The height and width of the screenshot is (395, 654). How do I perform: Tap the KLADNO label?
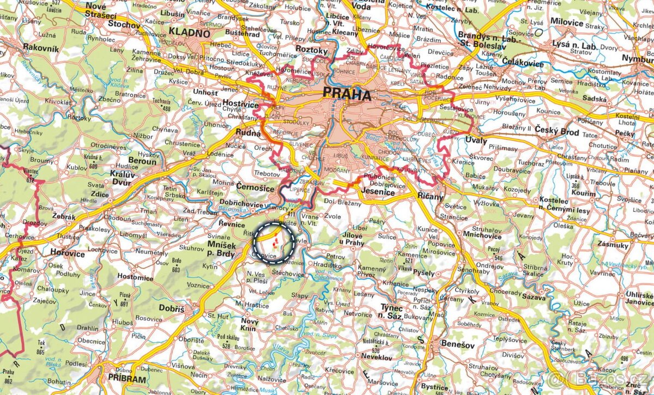pyautogui.click(x=189, y=33)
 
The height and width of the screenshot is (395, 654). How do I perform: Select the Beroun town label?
pyautogui.click(x=142, y=162)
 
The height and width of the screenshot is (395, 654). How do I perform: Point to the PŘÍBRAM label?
pyautogui.click(x=127, y=379)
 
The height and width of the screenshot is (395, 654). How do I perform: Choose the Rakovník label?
pyautogui.click(x=40, y=48)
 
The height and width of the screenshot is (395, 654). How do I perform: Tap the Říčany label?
pyautogui.click(x=430, y=197)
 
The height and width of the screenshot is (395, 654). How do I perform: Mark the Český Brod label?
pyautogui.click(x=556, y=131)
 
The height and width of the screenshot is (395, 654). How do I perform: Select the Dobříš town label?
pyautogui.click(x=172, y=308)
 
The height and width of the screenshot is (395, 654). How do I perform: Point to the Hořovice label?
pyautogui.click(x=68, y=253)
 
